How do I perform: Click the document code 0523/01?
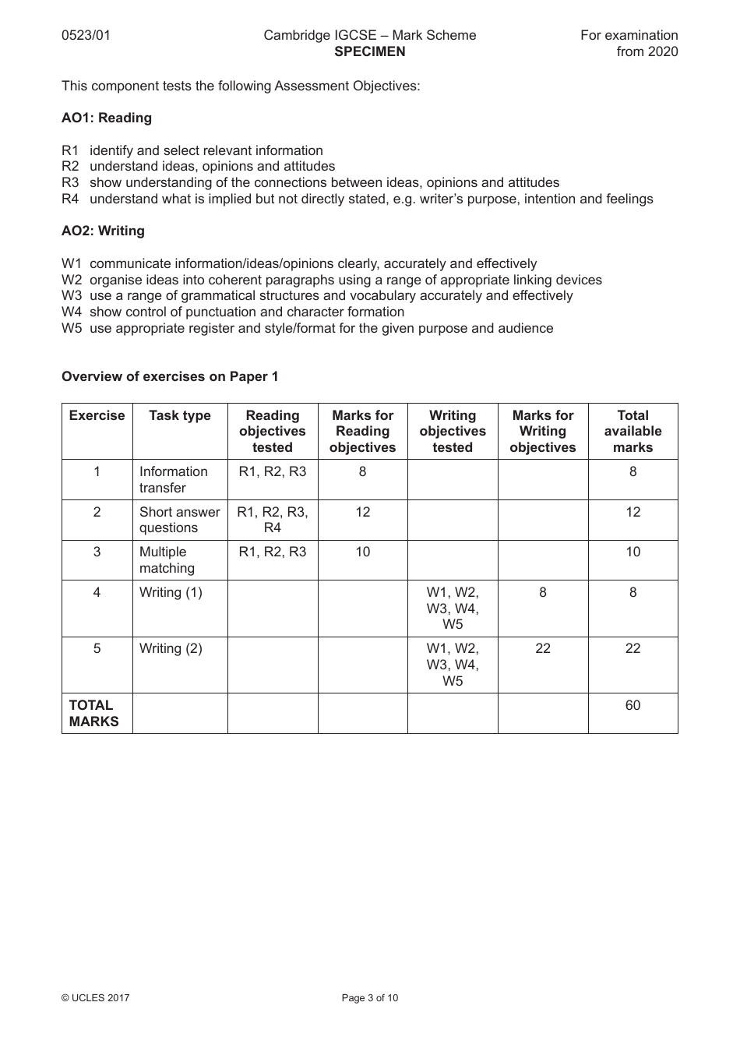point(86,35)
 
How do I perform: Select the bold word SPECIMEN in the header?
point(369,51)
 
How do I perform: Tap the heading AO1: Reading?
point(107,118)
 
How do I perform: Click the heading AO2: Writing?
point(103,231)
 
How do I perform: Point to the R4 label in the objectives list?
point(70,199)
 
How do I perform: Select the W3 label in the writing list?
point(72,295)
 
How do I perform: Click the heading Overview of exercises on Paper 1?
point(170,376)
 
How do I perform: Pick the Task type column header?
point(180,415)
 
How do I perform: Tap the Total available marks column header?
point(633,431)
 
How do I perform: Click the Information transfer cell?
point(173,479)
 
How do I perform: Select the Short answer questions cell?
point(179,520)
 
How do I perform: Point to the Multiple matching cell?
point(167,559)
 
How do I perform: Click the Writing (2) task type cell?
point(171,648)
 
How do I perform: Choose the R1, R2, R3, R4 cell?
point(273,520)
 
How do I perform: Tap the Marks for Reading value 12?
point(362,512)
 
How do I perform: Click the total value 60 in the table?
point(633,705)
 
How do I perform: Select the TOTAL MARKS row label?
point(93,713)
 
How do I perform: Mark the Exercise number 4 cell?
point(97,592)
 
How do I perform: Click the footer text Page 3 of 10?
point(369,997)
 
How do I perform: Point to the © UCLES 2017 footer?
point(96,997)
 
